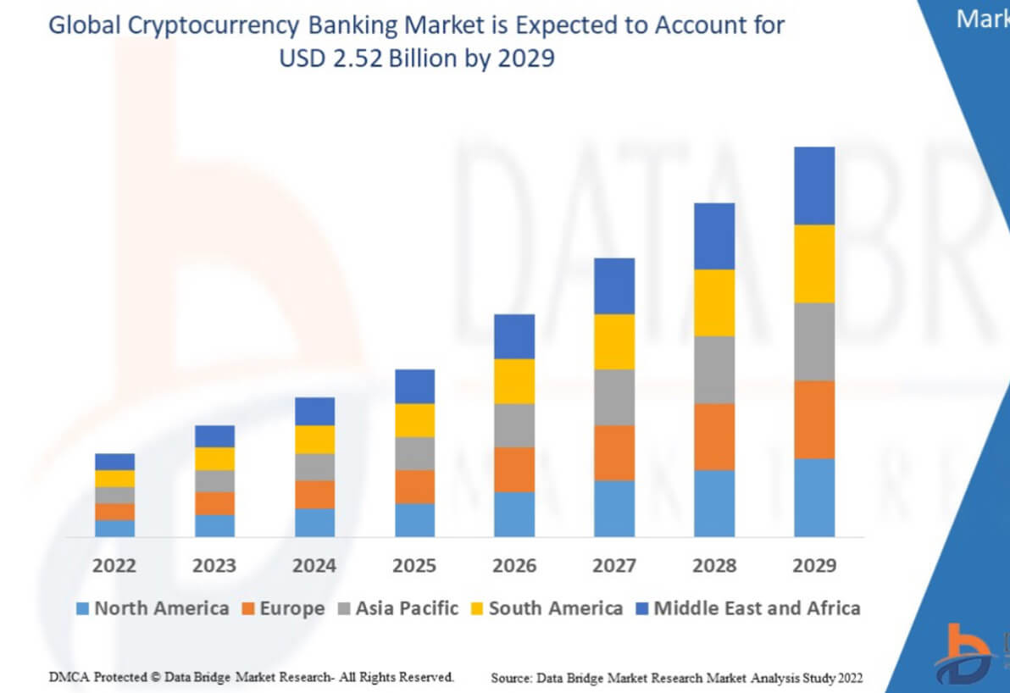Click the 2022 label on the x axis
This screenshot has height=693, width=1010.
(114, 565)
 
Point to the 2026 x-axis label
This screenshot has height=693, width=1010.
(514, 565)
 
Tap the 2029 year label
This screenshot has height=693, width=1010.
(814, 565)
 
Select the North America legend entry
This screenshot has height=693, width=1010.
(153, 608)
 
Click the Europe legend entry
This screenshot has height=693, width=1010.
(284, 608)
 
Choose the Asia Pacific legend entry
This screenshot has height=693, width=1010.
(398, 608)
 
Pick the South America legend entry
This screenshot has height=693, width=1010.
(547, 608)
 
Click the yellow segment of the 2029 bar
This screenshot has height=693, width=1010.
(814, 263)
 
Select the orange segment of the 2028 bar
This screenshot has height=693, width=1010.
(714, 436)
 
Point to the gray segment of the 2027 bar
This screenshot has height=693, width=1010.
(614, 396)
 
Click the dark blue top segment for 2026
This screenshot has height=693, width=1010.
(514, 336)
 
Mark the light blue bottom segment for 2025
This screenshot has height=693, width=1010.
(414, 519)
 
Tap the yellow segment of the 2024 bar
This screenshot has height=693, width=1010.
(314, 439)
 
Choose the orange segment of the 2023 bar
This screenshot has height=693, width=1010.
(214, 502)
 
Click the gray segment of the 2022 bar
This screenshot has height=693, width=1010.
(114, 495)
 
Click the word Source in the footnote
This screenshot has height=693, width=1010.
(509, 678)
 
